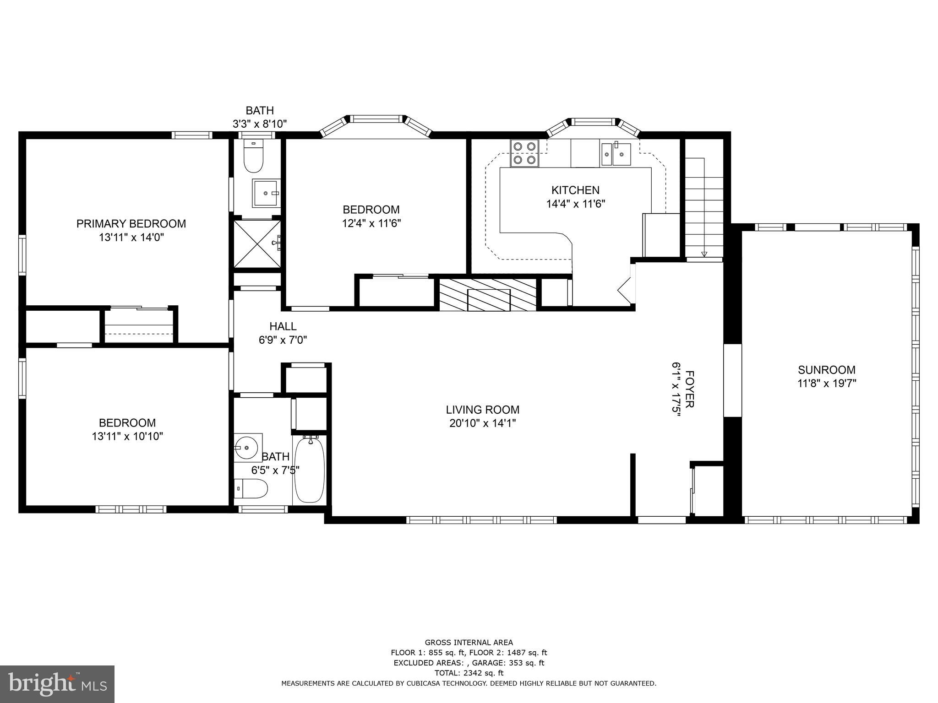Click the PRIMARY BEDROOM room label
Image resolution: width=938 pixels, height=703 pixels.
[x=131, y=224]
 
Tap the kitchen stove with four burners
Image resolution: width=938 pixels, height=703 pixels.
[x=524, y=153]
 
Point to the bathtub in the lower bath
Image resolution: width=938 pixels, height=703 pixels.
[x=310, y=470]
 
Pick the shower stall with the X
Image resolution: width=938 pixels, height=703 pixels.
[x=257, y=243]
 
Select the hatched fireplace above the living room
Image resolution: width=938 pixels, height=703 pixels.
[x=488, y=294]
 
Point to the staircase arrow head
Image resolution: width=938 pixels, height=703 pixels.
[x=704, y=254]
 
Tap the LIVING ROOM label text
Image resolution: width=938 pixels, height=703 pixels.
[x=483, y=410]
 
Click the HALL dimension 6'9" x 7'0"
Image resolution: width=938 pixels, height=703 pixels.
[x=283, y=340]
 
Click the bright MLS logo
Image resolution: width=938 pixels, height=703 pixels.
[x=57, y=684]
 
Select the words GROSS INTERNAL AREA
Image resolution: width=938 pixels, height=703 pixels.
[x=469, y=643]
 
